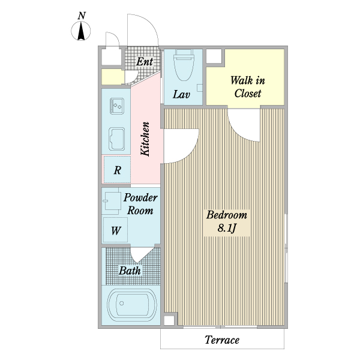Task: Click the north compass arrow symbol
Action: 81,31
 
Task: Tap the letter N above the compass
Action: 82,16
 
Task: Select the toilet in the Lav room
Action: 184,65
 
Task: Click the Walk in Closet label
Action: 248,87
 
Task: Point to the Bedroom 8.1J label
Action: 227,221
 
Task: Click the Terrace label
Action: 222,340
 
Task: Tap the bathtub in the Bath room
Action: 132,305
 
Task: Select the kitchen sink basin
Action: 117,139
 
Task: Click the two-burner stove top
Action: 117,106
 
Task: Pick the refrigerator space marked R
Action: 118,170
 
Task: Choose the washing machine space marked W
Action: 115,230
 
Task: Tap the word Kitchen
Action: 145,139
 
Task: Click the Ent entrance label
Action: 145,62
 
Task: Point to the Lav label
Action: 181,94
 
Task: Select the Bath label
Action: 130,271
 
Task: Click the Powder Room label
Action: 140,204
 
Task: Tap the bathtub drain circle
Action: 121,303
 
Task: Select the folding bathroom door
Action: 142,255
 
